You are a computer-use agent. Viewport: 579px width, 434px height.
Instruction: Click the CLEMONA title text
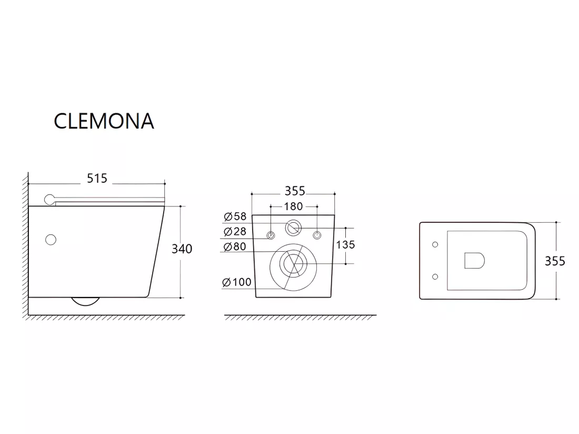104,121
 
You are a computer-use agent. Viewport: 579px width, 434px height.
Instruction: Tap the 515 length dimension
97,179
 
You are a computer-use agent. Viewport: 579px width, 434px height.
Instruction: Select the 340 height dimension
182,249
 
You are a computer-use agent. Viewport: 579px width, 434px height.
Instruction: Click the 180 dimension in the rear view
294,206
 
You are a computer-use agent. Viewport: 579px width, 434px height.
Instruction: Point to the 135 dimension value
345,244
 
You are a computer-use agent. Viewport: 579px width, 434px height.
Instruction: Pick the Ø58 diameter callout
235,216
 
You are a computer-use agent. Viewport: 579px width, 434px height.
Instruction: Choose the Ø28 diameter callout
235,232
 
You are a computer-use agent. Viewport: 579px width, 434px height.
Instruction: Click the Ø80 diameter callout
235,246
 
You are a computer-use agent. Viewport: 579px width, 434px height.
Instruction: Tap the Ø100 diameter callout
237,282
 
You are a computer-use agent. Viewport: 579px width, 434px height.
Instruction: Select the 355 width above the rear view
295,191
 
